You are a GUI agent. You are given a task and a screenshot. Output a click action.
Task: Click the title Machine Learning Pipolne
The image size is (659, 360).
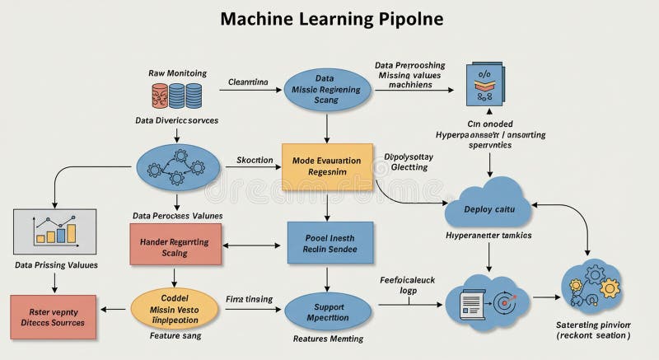[329, 19]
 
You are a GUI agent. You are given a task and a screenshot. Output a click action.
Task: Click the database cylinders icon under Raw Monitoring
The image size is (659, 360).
[177, 96]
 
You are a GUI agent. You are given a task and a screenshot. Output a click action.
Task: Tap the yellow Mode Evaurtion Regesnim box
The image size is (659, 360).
[327, 167]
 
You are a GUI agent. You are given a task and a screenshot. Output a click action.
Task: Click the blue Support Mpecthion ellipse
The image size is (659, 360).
[329, 311]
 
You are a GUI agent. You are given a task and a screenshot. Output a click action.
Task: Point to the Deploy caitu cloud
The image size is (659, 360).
[490, 208]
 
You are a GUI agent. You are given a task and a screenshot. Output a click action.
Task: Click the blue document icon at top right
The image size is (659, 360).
[484, 85]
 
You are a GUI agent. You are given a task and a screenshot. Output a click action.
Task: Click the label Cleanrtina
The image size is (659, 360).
[248, 82]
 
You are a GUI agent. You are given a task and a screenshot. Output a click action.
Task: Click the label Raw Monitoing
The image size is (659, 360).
[177, 72]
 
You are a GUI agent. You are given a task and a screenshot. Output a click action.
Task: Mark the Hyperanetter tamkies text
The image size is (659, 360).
[488, 236]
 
